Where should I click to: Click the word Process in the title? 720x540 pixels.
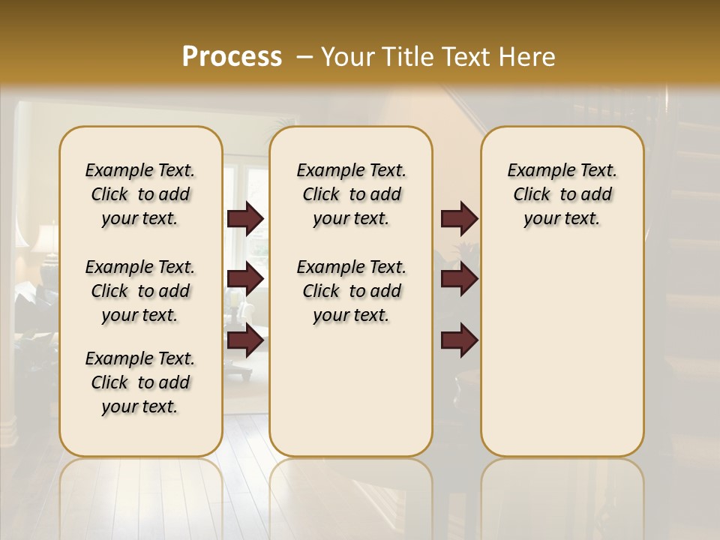coord(232,57)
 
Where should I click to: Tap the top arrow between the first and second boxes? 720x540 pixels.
coord(245,219)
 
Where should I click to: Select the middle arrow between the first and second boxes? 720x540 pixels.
coord(245,279)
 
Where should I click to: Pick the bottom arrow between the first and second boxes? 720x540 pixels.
coord(245,340)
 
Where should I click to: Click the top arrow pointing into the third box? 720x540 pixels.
coord(459,219)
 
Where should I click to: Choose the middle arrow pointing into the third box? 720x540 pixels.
coord(459,279)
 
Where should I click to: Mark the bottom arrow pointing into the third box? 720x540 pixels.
coord(459,340)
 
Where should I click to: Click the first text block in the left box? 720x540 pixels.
coord(140,194)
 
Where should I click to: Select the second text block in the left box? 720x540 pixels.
coord(140,291)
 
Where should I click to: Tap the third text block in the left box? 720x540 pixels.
coord(140,382)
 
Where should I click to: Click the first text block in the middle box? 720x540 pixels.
coord(351,194)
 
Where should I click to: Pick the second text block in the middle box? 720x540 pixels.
coord(351,291)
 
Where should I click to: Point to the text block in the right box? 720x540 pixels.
coord(562,194)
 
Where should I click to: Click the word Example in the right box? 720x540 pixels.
coord(536,170)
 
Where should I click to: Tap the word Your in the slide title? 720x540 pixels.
coord(345,57)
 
